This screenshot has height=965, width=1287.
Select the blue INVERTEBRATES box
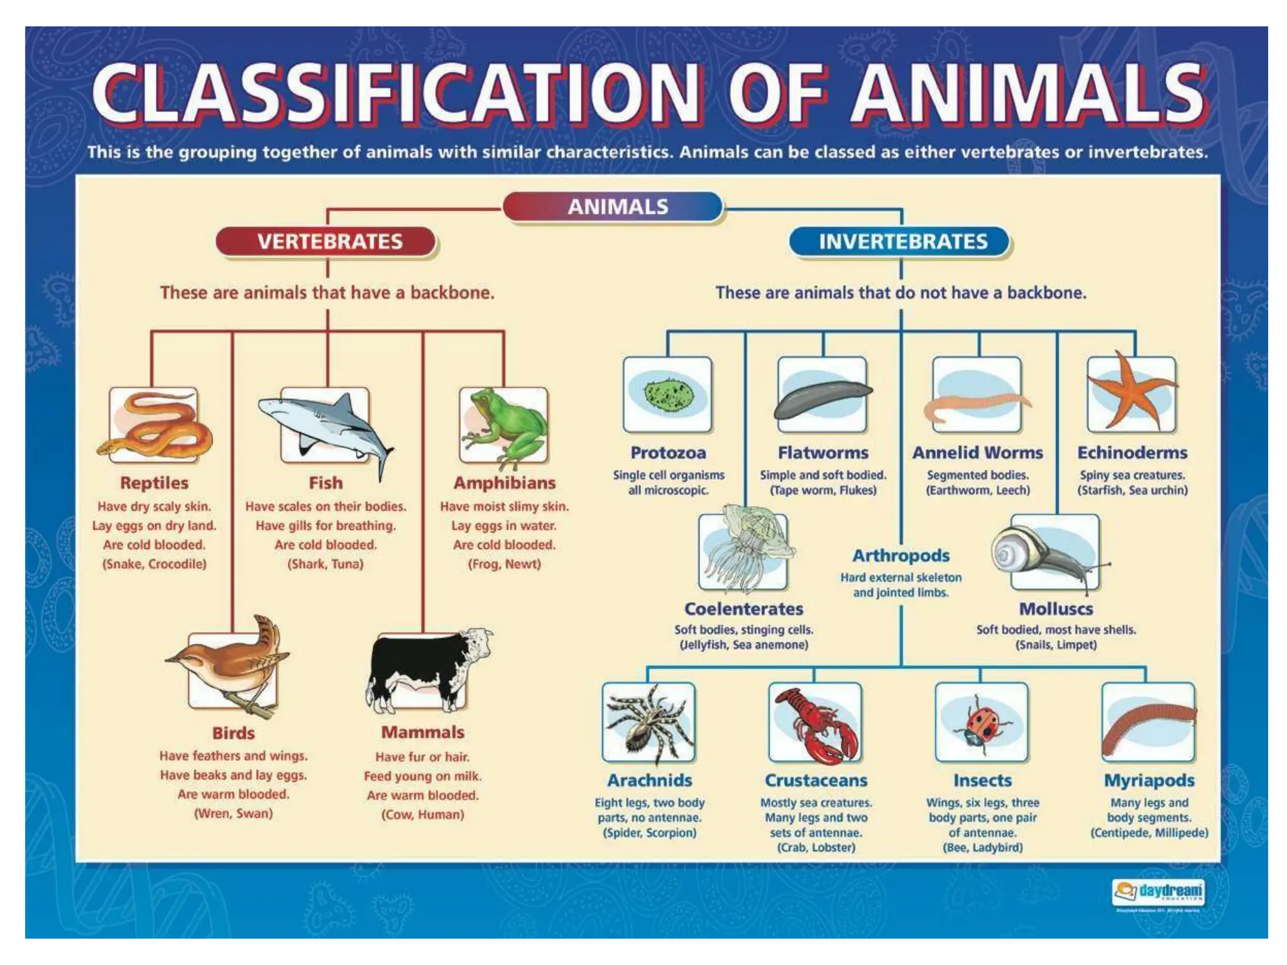(x=902, y=242)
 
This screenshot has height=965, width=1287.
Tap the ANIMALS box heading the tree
(x=616, y=207)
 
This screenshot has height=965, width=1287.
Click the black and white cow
(x=427, y=669)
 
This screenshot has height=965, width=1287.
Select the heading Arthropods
(x=901, y=555)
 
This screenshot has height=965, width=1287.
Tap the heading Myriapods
(x=1149, y=780)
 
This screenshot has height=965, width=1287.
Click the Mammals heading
(x=422, y=733)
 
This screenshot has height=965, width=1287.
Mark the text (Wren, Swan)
(x=233, y=814)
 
